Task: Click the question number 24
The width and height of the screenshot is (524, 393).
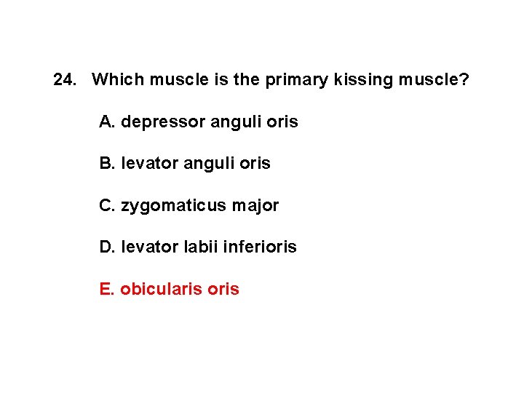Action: [x=65, y=79]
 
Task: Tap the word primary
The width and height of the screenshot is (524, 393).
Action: [x=294, y=79]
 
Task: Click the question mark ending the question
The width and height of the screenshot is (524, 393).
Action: [x=464, y=79]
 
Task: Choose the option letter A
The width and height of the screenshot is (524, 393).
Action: [x=106, y=122]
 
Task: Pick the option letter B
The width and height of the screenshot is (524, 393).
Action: [x=106, y=163]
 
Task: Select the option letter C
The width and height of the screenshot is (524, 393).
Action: [x=106, y=205]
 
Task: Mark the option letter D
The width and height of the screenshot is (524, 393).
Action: [x=106, y=247]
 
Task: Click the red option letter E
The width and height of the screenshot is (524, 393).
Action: [x=106, y=289]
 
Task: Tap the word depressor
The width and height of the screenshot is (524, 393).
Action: [x=163, y=122]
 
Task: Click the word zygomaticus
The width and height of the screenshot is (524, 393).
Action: [x=174, y=206]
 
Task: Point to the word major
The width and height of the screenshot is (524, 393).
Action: [x=255, y=206]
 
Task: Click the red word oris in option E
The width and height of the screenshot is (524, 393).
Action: [x=223, y=289]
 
